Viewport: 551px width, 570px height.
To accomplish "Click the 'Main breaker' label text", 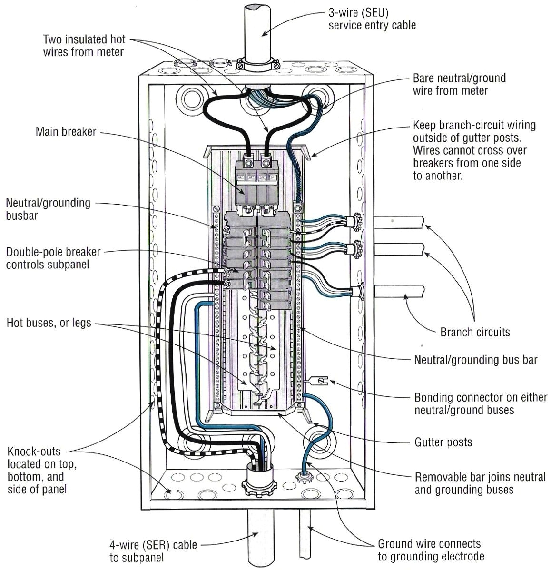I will [x=66, y=131].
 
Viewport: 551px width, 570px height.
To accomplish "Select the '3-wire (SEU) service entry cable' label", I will [x=372, y=19].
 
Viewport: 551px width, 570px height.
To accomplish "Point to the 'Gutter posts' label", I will [x=443, y=442].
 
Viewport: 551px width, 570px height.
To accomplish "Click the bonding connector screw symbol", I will [x=319, y=380].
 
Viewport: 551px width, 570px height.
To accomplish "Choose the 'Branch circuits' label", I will [x=475, y=332].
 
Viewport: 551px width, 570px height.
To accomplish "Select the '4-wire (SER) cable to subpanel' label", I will [x=153, y=550].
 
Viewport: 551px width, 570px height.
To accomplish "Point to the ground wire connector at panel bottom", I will [x=303, y=476].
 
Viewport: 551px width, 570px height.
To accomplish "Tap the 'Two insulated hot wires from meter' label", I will [x=83, y=45].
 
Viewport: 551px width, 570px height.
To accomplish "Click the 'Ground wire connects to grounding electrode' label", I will [x=429, y=550].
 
